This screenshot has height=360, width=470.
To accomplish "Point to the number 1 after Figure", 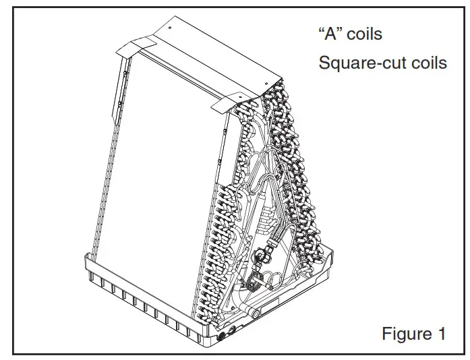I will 441,333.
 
